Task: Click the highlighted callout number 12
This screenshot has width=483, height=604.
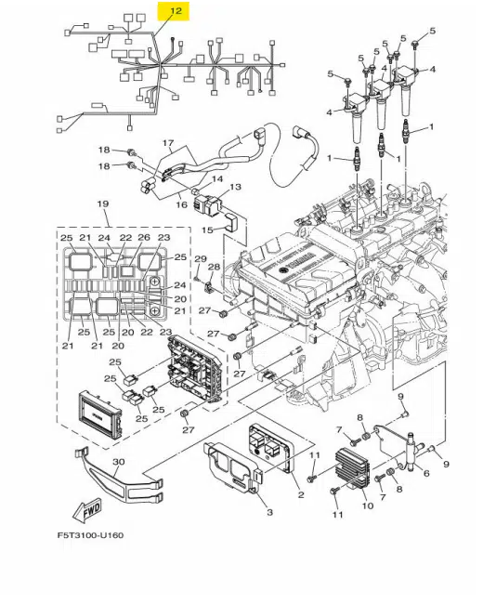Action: pyautogui.click(x=174, y=11)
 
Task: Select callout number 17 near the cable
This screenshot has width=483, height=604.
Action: pyautogui.click(x=168, y=144)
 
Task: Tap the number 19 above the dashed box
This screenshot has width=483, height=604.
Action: pyautogui.click(x=103, y=204)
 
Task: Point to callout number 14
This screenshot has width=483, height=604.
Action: pyautogui.click(x=217, y=177)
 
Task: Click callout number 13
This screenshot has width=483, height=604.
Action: pyautogui.click(x=235, y=187)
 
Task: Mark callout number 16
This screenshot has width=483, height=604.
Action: pyautogui.click(x=183, y=204)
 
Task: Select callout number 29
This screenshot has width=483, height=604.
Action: pyautogui.click(x=199, y=257)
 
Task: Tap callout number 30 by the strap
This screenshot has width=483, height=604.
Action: pyautogui.click(x=118, y=462)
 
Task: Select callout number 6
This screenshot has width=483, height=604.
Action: pyautogui.click(x=426, y=474)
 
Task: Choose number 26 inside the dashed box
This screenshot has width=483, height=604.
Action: pyautogui.click(x=143, y=238)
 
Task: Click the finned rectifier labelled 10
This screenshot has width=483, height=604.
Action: pyautogui.click(x=359, y=462)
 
